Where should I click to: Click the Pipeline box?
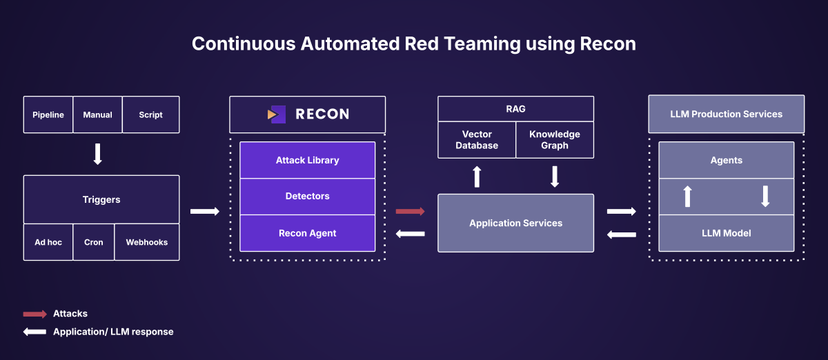[48, 114]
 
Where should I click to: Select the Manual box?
[97, 114]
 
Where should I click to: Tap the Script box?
[150, 114]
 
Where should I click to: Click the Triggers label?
[101, 199]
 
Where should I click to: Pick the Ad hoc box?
[48, 242]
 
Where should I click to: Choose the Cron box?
[94, 242]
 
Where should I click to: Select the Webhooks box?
[146, 242]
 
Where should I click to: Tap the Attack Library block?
[307, 160]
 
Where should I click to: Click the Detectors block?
[307, 197]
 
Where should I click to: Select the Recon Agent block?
[307, 233]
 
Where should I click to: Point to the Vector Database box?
[477, 140]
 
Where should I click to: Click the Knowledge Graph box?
[555, 140]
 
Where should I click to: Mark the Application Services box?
[515, 223]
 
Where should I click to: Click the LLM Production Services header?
[726, 114]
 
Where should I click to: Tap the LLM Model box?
[726, 233]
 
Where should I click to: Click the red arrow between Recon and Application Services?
[410, 211]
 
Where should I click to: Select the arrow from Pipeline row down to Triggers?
[97, 154]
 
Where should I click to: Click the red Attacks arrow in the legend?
[35, 314]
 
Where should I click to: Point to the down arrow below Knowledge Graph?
[555, 177]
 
